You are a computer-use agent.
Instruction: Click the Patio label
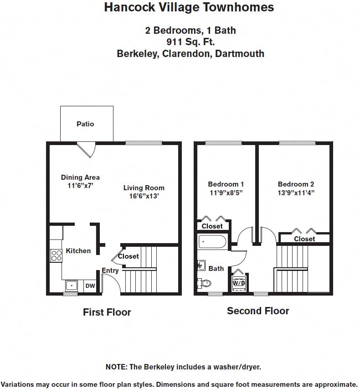tap(85, 124)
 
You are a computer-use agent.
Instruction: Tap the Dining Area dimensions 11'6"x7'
tap(80, 186)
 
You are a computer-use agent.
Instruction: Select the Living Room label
tap(144, 187)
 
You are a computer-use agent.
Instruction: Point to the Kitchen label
tap(78, 250)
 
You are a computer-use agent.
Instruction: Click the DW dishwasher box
tap(90, 286)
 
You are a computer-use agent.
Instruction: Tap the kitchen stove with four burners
tap(56, 255)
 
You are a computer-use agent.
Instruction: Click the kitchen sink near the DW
tap(72, 286)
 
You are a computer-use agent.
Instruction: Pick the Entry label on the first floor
tap(110, 270)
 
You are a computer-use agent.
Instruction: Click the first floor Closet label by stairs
tap(129, 256)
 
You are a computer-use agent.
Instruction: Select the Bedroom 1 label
tap(226, 184)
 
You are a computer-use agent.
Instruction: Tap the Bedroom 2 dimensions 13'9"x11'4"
tap(296, 192)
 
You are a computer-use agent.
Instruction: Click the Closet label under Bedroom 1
tap(212, 226)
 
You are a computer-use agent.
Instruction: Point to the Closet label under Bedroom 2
tap(304, 239)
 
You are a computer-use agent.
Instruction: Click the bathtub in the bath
tap(212, 241)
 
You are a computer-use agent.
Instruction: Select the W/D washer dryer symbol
tap(238, 282)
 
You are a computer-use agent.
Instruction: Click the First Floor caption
tap(107, 312)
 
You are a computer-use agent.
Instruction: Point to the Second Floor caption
tap(258, 311)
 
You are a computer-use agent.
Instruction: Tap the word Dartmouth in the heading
tap(240, 54)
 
